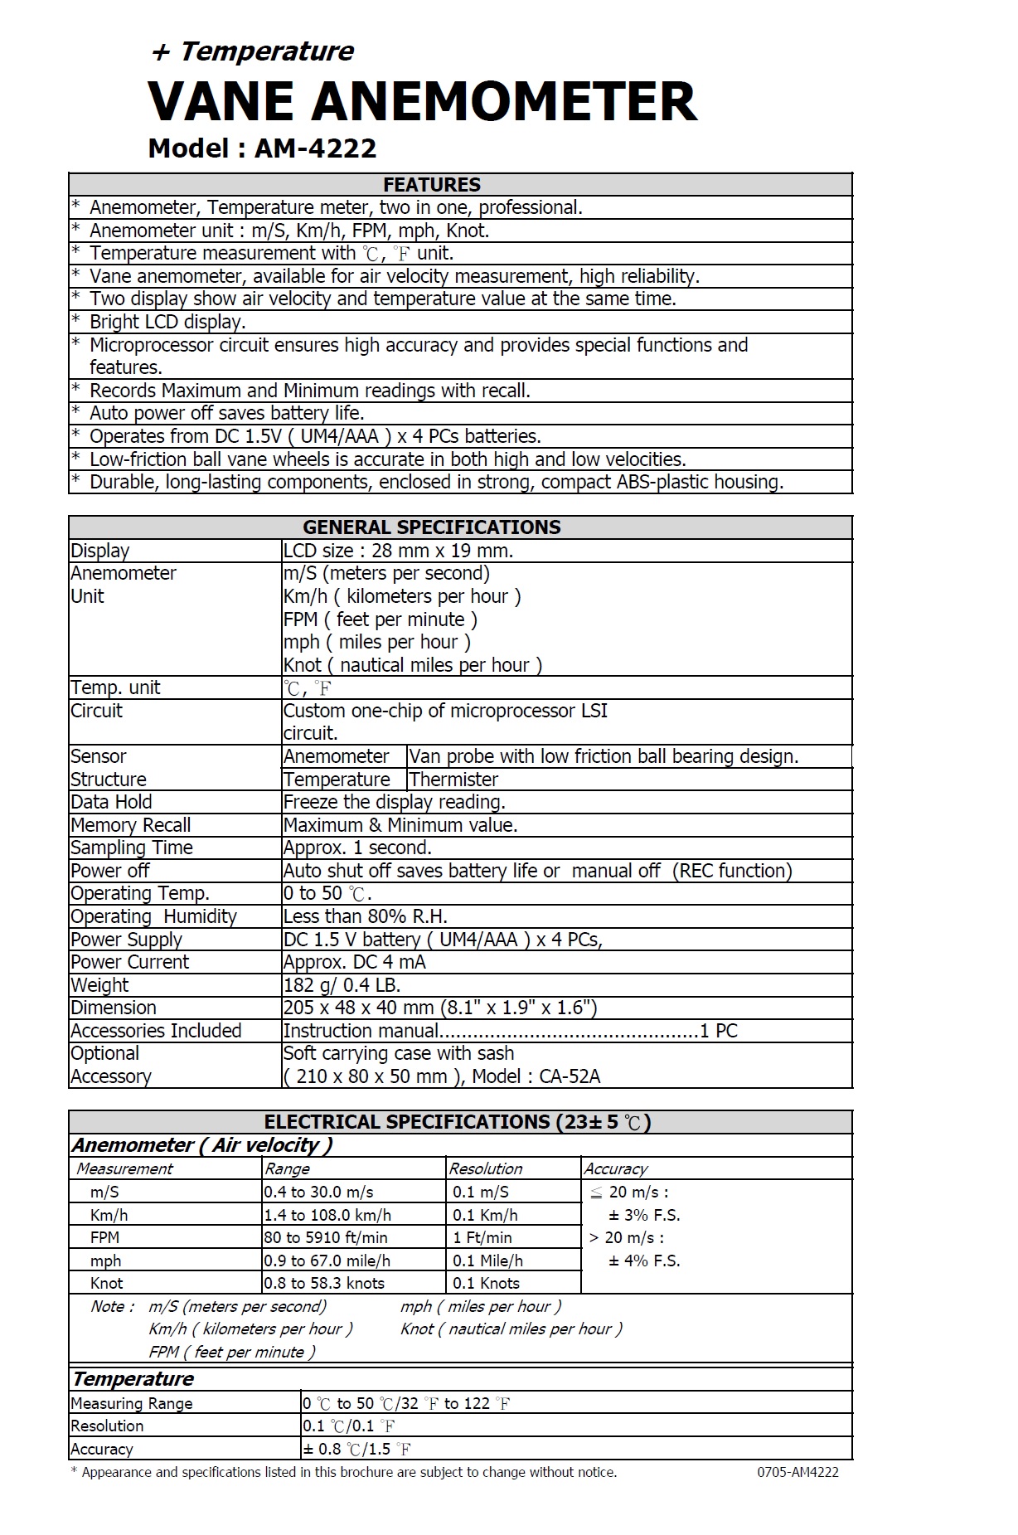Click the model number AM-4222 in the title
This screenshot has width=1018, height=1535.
(315, 148)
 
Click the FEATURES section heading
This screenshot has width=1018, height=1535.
(431, 184)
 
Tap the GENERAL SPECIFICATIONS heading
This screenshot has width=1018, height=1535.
(431, 527)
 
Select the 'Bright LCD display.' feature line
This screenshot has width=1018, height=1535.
(167, 322)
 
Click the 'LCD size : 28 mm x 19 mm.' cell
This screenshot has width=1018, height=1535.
(398, 551)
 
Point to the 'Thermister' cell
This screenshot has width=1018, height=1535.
(453, 780)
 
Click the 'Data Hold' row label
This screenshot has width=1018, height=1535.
(111, 802)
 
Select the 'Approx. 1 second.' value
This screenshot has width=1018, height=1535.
(357, 848)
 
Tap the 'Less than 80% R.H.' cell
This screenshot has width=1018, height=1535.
(365, 916)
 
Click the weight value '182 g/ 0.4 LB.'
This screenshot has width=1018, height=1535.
(342, 985)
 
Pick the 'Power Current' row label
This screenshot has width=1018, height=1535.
(129, 962)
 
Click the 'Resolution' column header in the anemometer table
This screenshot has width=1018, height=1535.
(486, 1168)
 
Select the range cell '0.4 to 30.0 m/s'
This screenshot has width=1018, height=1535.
(318, 1192)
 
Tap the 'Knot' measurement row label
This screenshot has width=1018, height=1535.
(106, 1283)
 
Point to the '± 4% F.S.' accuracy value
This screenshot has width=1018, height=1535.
(644, 1261)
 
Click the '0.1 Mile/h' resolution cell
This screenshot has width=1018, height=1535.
(487, 1261)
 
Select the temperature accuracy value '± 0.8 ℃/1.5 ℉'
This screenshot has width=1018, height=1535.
(356, 1449)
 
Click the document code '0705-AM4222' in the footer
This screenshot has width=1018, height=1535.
(797, 1472)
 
